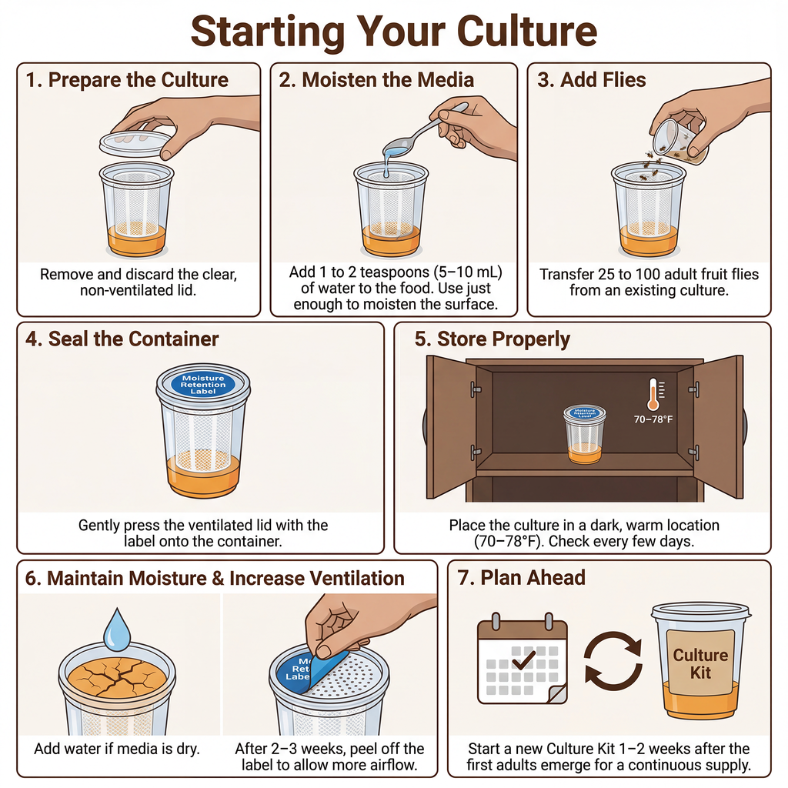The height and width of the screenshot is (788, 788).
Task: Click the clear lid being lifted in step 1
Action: (x=135, y=144)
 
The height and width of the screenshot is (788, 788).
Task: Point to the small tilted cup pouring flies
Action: (x=679, y=142)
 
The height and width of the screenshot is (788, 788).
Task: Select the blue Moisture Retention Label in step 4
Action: (x=203, y=385)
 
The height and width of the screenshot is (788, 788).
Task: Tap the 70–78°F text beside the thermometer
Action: (x=653, y=419)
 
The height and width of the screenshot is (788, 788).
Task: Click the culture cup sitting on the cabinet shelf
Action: (x=585, y=434)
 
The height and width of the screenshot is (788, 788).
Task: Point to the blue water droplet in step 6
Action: (x=117, y=629)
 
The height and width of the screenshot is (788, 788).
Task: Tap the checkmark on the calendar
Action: (x=523, y=659)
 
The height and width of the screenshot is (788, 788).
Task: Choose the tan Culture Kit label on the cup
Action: (x=700, y=663)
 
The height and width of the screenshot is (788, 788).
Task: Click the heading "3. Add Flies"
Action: (x=592, y=80)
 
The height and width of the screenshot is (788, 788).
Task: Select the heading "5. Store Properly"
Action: (x=492, y=339)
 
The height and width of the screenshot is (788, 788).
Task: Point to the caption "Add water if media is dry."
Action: (x=117, y=749)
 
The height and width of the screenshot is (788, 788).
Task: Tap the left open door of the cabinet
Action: (x=451, y=426)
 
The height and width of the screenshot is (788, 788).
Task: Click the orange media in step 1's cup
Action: (x=136, y=240)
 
